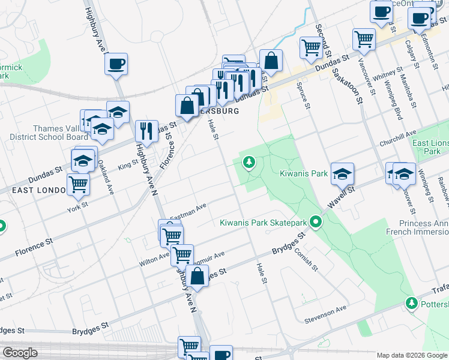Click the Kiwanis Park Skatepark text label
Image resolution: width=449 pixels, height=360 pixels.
tap(263, 223)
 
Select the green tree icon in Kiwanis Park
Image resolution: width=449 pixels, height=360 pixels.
tap(249, 162)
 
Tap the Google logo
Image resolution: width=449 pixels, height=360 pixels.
tap(20, 352)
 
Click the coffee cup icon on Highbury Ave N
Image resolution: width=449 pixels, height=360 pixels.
tap(116, 64)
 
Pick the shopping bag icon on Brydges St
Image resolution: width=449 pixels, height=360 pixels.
tap(197, 277)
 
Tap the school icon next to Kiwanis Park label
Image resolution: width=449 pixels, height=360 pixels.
tap(342, 174)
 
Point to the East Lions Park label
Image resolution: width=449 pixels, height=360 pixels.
tap(430, 147)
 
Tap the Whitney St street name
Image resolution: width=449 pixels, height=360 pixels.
tap(382, 76)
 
